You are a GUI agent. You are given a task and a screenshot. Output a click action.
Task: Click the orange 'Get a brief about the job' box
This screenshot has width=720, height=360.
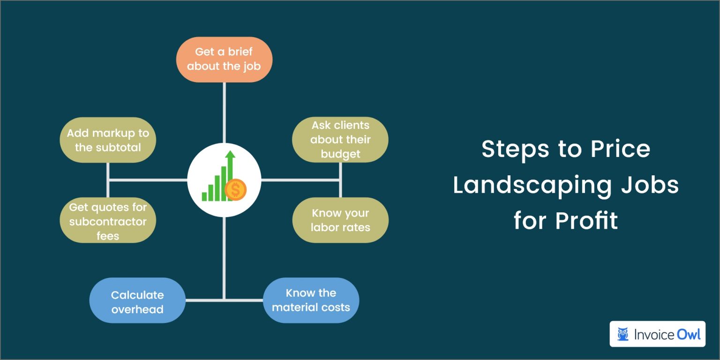pos(224,60)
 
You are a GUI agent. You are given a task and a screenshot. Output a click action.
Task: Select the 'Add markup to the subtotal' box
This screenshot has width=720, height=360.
pos(108,140)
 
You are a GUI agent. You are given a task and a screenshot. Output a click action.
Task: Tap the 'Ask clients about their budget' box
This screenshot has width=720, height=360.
pos(340,140)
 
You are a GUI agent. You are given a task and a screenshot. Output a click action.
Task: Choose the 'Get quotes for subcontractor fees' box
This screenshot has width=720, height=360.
pos(108,220)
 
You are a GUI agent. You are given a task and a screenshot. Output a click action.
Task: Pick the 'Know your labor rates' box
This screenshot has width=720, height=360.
pos(340,220)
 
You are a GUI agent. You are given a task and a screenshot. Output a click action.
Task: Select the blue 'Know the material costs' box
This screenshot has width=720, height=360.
pos(311,300)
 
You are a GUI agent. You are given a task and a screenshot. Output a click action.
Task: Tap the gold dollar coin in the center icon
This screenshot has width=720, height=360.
pos(235,190)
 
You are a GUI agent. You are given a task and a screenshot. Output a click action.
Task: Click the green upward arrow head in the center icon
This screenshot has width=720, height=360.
pos(230,155)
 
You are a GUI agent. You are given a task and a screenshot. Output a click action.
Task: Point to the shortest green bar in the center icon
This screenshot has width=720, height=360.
pos(205,196)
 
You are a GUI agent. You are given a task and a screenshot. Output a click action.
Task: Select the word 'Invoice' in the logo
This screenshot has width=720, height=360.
pos(654,334)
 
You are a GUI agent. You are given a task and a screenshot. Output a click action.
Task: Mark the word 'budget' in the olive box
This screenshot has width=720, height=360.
pos(340,154)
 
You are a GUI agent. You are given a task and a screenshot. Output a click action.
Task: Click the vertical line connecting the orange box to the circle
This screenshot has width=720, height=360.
pos(225,112)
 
